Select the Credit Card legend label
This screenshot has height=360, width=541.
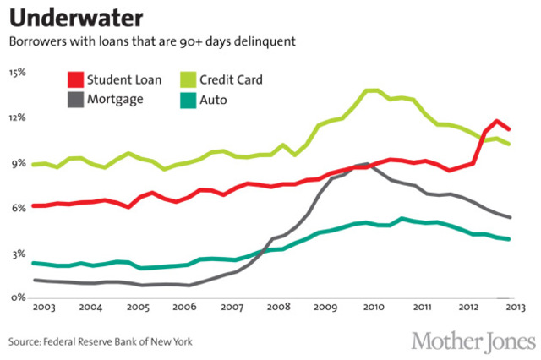coord(231,80)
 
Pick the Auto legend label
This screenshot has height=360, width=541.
coord(214,99)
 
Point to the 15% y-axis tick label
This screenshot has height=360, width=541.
coord(16,73)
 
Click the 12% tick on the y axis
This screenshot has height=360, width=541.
coord(16,117)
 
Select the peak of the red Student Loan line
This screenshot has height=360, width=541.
coord(497,122)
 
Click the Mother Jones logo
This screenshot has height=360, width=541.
coord(473,341)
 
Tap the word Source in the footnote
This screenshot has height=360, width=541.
coord(27,342)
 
